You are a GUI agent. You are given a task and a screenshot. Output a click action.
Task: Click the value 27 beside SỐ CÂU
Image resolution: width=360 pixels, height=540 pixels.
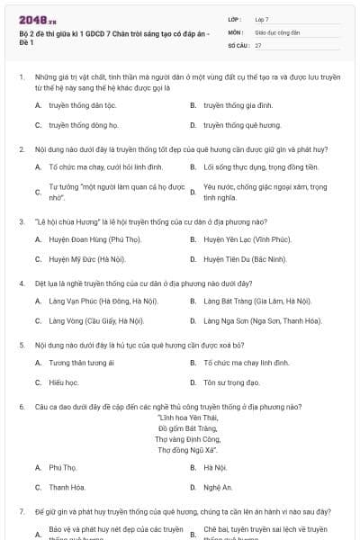point(258,44)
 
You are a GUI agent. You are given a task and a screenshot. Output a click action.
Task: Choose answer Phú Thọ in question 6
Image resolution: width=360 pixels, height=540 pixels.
point(63,467)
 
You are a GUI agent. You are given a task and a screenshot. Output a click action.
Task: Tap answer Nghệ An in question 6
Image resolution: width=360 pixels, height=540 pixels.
point(218,487)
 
